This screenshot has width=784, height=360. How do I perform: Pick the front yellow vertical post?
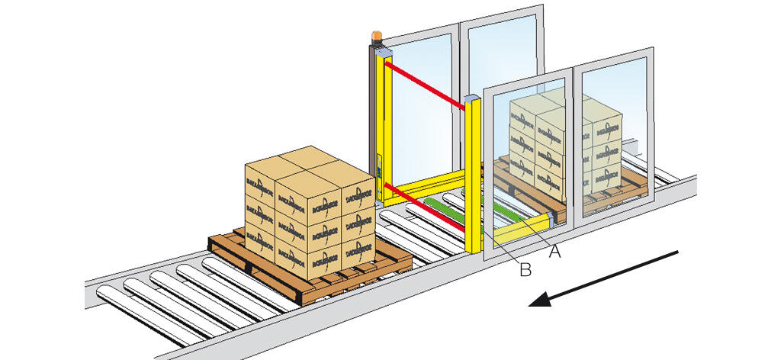click(473, 175)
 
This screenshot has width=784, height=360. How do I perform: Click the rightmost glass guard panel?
click(614, 130)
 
